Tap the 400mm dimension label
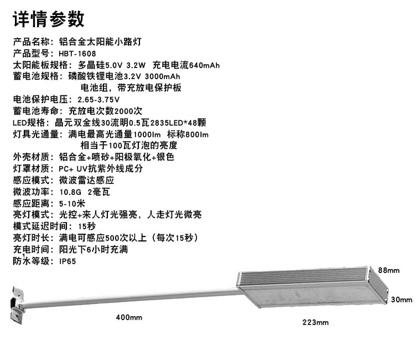pyautogui.click(x=128, y=317)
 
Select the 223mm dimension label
pyautogui.click(x=315, y=322)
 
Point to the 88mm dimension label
pyautogui.click(x=388, y=270)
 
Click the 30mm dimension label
pyautogui.click(x=402, y=300)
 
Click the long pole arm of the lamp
pyautogui.click(x=133, y=295)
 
